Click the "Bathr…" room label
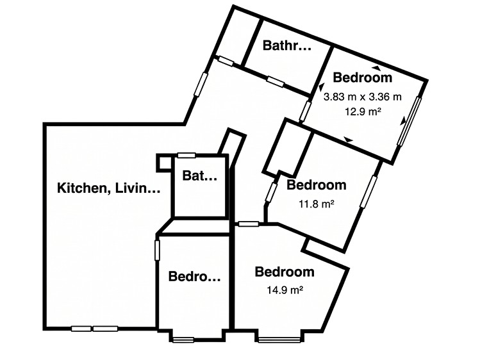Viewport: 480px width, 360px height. (x=287, y=45)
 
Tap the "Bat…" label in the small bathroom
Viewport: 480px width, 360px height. (x=199, y=176)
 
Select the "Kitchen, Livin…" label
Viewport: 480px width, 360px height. (x=109, y=188)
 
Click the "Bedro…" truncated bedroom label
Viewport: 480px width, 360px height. (x=194, y=277)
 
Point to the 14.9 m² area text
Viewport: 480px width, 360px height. (x=285, y=290)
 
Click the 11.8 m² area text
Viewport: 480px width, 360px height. (x=316, y=204)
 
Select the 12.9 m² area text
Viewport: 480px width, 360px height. (x=363, y=111)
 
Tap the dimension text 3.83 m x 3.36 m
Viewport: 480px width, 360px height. (x=363, y=97)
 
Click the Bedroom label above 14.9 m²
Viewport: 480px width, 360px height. (x=285, y=272)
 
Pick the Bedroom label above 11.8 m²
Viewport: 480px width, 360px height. (x=317, y=185)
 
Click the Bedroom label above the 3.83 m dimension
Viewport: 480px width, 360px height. (x=363, y=78)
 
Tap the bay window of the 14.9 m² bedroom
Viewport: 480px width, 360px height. (x=279, y=339)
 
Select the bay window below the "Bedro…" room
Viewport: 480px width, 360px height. (x=183, y=340)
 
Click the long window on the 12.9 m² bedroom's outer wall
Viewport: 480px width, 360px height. (x=410, y=121)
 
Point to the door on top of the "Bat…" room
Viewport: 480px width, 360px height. (x=186, y=156)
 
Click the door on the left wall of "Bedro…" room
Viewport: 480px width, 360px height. (x=157, y=250)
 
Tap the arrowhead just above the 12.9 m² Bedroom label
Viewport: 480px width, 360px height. (x=376, y=68)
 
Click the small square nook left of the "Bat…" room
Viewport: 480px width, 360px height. (x=165, y=163)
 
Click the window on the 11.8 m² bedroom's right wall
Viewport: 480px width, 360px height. (x=368, y=192)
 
